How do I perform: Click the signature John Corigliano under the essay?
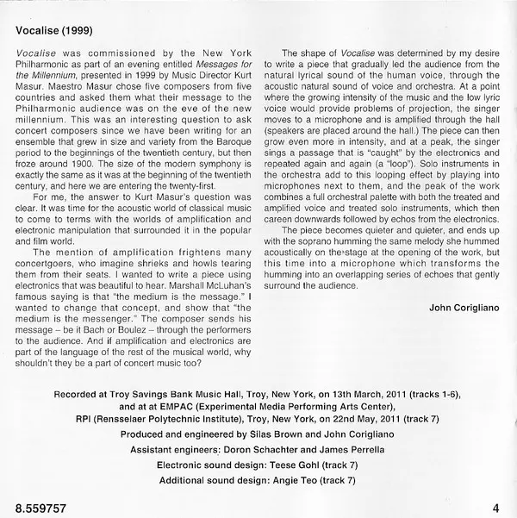(465, 306)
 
